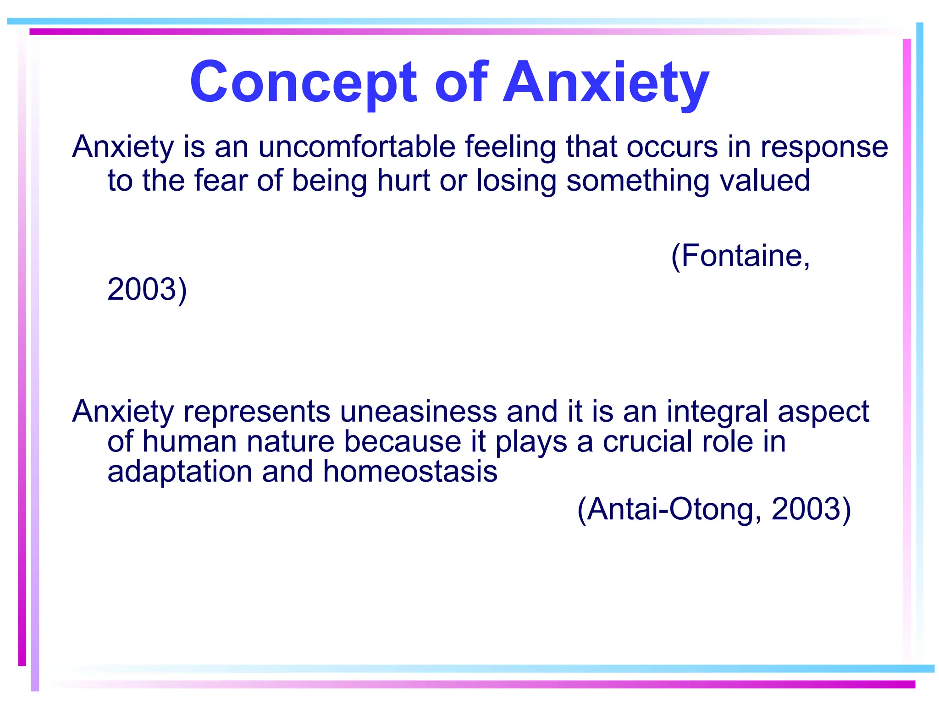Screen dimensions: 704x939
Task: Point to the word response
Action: (x=824, y=148)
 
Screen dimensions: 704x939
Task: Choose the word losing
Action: (x=516, y=181)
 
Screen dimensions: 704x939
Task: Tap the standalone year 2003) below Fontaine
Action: (x=147, y=289)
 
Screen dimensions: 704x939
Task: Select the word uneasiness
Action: (x=418, y=411)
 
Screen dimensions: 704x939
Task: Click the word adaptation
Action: (x=180, y=472)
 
